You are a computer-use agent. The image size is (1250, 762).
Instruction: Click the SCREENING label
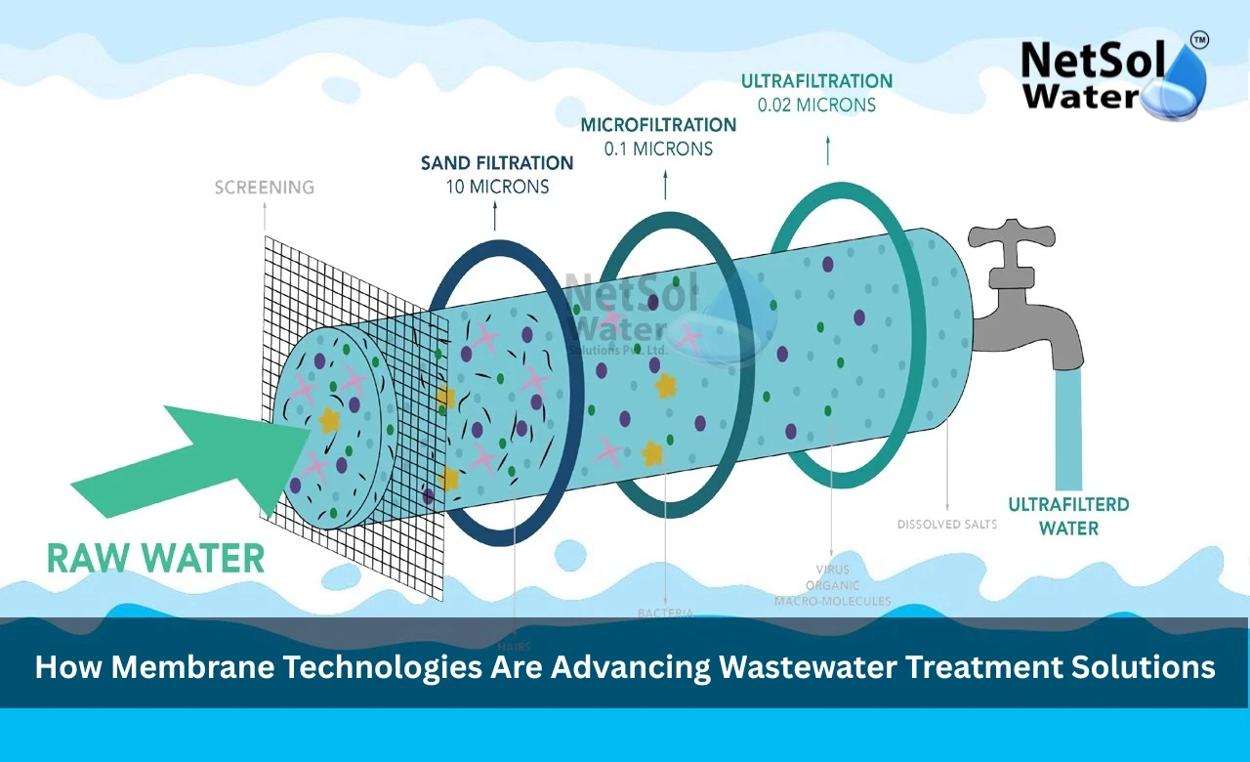[x=265, y=187]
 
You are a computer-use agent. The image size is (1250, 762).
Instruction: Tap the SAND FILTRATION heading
[x=497, y=163]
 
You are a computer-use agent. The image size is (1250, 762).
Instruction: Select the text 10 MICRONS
[x=497, y=187]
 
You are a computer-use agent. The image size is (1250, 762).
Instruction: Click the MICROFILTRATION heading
[x=658, y=125]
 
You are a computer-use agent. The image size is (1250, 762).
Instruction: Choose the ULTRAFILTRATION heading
[x=816, y=81]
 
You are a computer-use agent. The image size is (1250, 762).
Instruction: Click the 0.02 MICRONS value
[x=816, y=105]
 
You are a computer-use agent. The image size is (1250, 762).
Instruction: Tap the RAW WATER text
[x=156, y=559]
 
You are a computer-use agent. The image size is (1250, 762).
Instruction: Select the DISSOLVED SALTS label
[x=947, y=525]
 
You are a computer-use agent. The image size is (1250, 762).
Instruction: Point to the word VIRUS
[x=833, y=569]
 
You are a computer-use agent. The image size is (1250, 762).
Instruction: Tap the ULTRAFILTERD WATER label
[x=1068, y=517]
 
